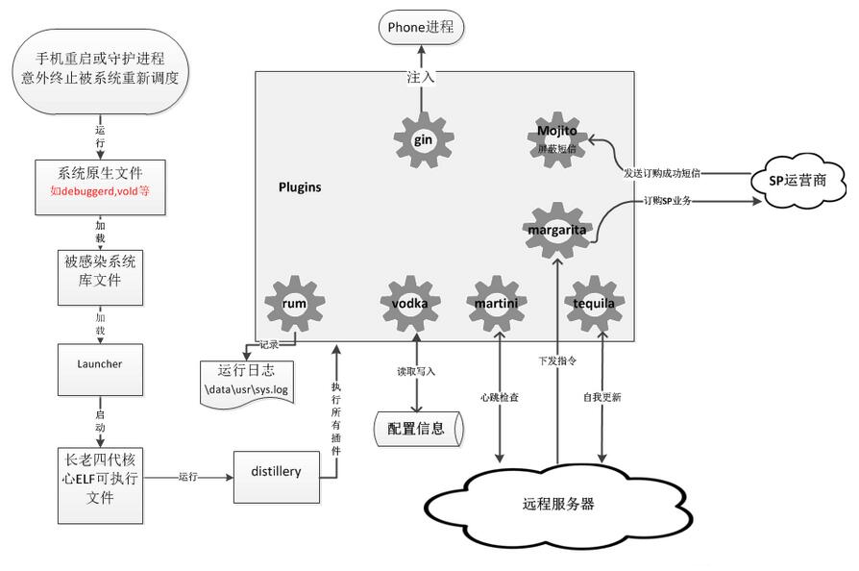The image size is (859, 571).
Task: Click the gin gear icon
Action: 423,139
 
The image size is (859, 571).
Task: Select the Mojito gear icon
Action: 557,139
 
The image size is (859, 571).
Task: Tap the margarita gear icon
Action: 558,229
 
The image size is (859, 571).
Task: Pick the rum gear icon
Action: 294,303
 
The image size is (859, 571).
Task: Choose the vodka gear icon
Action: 416,303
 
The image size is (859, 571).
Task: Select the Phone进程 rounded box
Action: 420,27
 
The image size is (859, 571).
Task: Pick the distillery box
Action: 276,472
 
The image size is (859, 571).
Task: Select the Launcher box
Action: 100,364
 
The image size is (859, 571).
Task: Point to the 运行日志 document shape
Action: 246,381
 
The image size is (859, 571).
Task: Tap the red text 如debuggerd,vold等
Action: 100,191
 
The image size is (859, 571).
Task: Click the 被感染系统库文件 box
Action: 100,277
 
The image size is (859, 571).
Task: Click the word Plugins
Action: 300,187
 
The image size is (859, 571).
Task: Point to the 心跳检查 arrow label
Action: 500,396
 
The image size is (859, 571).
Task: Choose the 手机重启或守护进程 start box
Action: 100,68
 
